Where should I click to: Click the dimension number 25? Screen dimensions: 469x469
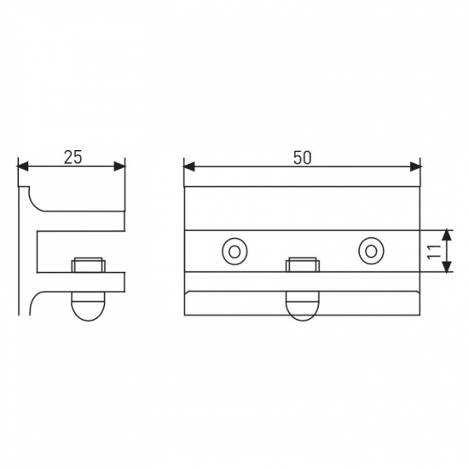point(72,157)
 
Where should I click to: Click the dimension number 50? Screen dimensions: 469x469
point(302,158)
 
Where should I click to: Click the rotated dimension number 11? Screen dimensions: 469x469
point(435,252)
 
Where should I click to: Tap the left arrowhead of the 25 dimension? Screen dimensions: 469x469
point(23,166)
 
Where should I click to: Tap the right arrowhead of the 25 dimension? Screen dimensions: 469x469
point(119,166)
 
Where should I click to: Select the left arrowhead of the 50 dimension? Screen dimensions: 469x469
point(189,166)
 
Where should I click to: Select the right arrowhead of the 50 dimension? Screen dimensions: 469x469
point(415,166)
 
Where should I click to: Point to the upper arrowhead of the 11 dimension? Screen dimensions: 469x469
point(447,235)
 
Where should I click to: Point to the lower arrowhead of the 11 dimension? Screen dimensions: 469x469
point(447,267)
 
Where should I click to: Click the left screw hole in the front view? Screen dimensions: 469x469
point(234,252)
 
